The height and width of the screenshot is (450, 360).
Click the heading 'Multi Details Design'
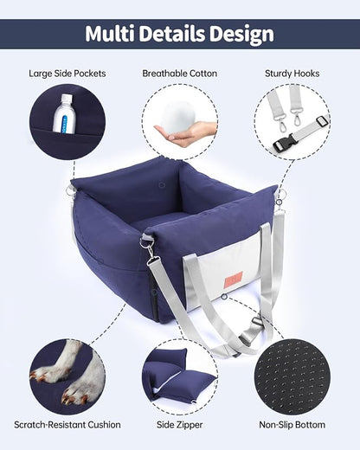tap(180, 34)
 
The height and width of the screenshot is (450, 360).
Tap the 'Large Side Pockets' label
tap(67, 74)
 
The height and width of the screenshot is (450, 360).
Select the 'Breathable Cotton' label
tap(180, 74)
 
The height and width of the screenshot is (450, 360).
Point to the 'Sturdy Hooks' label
tap(292, 74)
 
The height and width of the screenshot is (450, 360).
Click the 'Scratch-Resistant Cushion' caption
tap(67, 425)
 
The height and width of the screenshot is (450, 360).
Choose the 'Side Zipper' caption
tap(180, 425)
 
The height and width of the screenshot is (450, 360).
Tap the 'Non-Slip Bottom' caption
tap(292, 425)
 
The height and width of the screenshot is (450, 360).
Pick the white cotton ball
tap(182, 115)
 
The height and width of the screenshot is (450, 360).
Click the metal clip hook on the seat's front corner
tap(150, 252)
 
